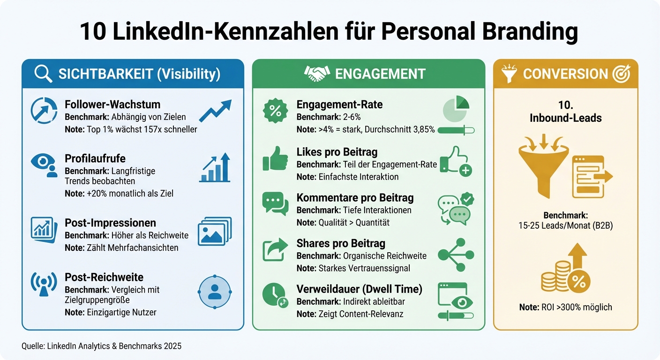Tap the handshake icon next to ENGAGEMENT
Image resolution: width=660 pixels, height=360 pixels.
click(317, 74)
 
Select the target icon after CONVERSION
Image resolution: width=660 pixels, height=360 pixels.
click(622, 74)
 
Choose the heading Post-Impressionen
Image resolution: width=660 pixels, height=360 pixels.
click(110, 223)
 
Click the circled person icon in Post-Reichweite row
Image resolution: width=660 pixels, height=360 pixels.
click(215, 291)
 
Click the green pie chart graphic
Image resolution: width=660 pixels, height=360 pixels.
click(456, 109)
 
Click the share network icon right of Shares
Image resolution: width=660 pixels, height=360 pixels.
click(456, 255)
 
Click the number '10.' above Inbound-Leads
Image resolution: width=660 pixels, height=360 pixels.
click(565, 105)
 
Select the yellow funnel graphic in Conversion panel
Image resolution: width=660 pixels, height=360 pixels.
click(543, 166)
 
